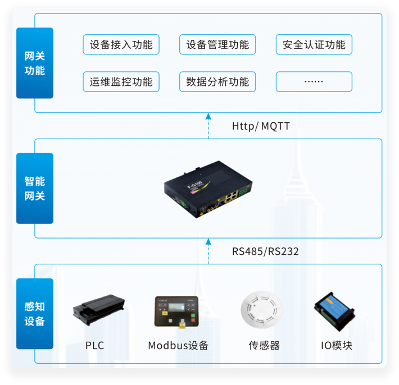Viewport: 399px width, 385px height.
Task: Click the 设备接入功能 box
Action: pyautogui.click(x=121, y=45)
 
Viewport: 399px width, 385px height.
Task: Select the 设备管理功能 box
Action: pyautogui.click(x=217, y=45)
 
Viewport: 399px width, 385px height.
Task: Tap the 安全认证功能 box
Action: pyautogui.click(x=314, y=45)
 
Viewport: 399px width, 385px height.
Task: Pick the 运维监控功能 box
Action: pyautogui.click(x=121, y=82)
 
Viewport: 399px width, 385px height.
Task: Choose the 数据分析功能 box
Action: pyautogui.click(x=217, y=82)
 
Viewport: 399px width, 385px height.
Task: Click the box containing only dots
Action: pyautogui.click(x=314, y=82)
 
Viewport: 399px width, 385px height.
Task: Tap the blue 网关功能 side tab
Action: pyautogui.click(x=35, y=63)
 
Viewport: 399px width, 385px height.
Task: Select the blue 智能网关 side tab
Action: pyautogui.click(x=35, y=189)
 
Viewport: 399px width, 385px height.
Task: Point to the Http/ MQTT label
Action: pyautogui.click(x=261, y=126)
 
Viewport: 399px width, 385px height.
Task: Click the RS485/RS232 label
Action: pyautogui.click(x=265, y=251)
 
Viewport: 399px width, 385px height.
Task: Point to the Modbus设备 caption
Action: pyautogui.click(x=178, y=346)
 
